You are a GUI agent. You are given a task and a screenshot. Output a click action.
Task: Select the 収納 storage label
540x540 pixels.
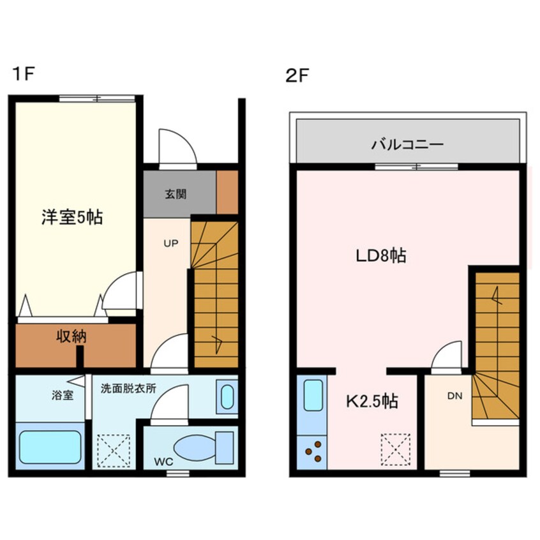point(70,336)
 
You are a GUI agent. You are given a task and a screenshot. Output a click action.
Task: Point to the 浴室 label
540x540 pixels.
point(63,395)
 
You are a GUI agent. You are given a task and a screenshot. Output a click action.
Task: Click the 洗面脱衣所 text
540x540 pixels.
point(128,388)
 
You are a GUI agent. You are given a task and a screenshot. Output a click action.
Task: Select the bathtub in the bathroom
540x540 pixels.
point(49,446)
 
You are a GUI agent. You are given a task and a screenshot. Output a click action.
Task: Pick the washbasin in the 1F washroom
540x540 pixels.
point(227,396)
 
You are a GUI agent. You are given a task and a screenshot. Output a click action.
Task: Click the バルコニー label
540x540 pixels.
point(407,144)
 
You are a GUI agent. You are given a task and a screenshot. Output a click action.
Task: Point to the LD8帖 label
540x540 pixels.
point(381,256)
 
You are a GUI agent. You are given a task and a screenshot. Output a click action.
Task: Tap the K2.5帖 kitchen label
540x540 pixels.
point(372,401)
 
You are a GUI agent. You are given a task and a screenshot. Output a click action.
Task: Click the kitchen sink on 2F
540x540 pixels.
point(313,396)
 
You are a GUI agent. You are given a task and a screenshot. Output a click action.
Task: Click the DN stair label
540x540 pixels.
point(454,396)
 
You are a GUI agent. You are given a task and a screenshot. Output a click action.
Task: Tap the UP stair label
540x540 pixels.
point(170,243)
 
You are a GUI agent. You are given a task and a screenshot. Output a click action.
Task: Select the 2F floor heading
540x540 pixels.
point(297,76)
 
